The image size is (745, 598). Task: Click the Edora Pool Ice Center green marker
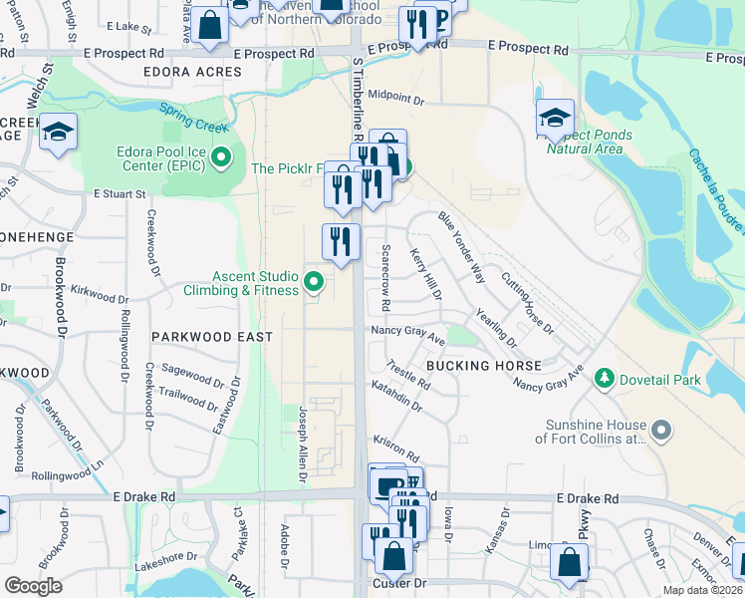[x=222, y=157]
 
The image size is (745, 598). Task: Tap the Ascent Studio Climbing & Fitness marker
[x=315, y=282]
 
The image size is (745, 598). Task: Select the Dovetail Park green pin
[x=603, y=378]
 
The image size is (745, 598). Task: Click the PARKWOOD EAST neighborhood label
[x=212, y=337]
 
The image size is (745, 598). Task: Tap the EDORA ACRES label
[x=192, y=72]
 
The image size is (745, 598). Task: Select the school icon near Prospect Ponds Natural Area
[x=555, y=119]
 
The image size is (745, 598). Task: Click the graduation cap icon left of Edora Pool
[x=59, y=132]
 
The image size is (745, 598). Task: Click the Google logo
[x=34, y=586]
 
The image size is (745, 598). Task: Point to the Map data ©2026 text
[x=703, y=590]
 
